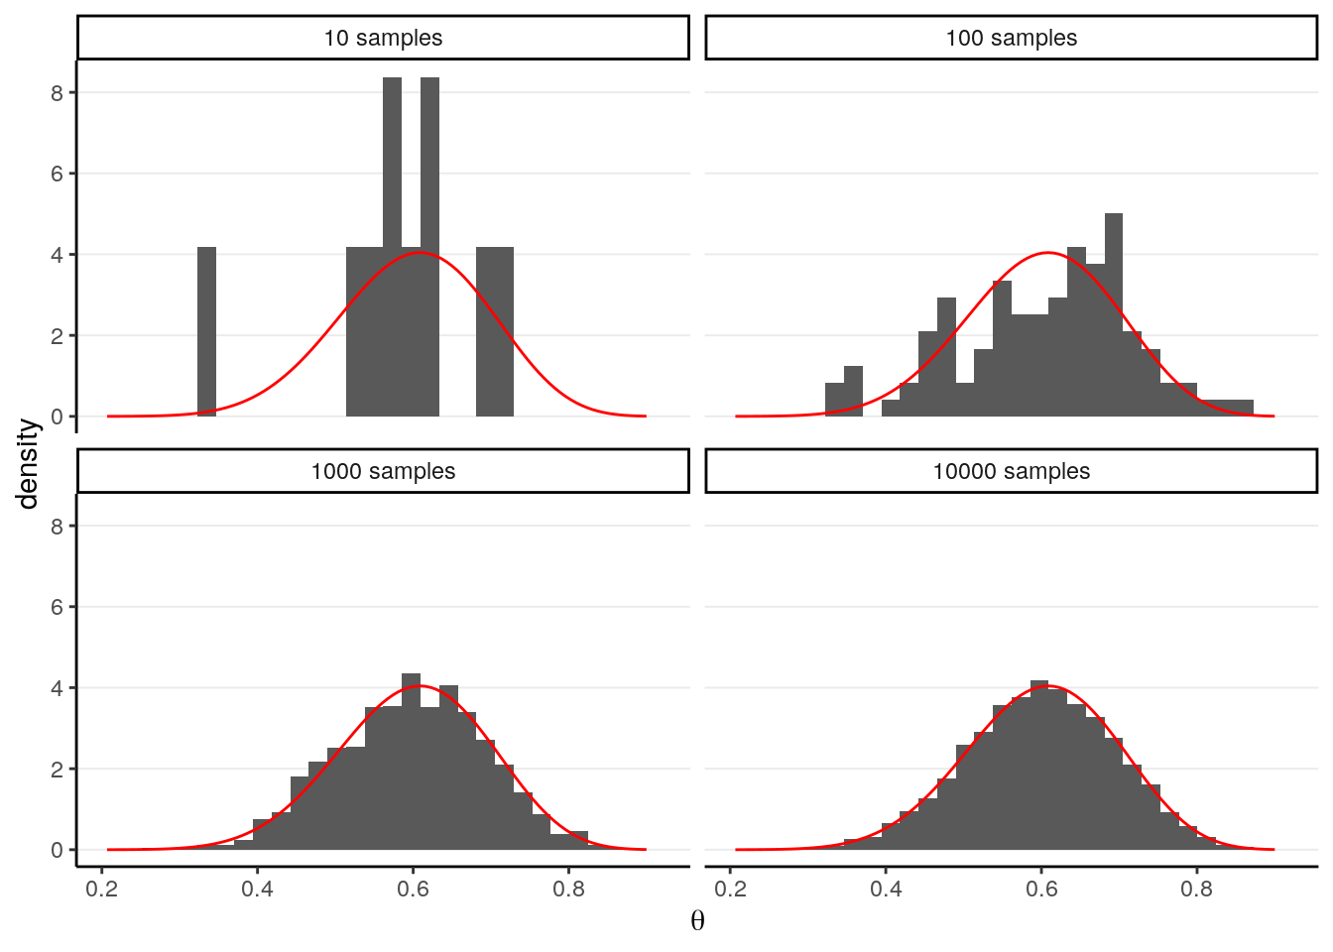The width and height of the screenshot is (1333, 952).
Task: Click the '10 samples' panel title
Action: pyautogui.click(x=383, y=38)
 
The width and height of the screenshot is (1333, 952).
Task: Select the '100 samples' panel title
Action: pyautogui.click(x=1011, y=38)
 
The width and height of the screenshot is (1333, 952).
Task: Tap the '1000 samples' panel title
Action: pyautogui.click(x=383, y=471)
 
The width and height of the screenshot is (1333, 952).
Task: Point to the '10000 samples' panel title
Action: pyautogui.click(x=1011, y=471)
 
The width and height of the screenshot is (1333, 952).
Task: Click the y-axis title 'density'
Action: pyautogui.click(x=28, y=463)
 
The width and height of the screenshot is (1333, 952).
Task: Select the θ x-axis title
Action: pyautogui.click(x=697, y=921)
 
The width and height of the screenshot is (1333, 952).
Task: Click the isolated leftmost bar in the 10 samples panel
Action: pyautogui.click(x=206, y=331)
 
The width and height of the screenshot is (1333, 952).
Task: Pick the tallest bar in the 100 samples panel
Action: pyautogui.click(x=1113, y=314)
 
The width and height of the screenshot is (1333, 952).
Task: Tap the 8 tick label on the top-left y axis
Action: pyautogui.click(x=58, y=92)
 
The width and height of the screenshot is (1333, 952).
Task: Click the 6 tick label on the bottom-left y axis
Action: pyautogui.click(x=58, y=607)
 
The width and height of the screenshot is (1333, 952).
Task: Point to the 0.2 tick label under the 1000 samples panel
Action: pyautogui.click(x=102, y=889)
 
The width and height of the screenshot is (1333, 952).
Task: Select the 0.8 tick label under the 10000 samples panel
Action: pyautogui.click(x=1197, y=889)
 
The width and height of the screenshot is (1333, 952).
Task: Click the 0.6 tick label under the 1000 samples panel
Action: pyautogui.click(x=414, y=889)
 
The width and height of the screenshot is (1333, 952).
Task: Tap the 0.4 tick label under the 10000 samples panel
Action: pyautogui.click(x=886, y=889)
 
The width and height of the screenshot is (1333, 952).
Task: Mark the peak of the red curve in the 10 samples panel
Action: pyautogui.click(x=420, y=253)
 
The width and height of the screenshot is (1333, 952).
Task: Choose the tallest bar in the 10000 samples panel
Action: pyautogui.click(x=1038, y=764)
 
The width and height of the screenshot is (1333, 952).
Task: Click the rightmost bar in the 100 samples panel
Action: pyautogui.click(x=1244, y=408)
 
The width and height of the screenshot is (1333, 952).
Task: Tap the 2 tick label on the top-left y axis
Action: pyautogui.click(x=58, y=336)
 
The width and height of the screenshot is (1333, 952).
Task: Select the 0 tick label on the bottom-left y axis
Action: pyautogui.click(x=58, y=850)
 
